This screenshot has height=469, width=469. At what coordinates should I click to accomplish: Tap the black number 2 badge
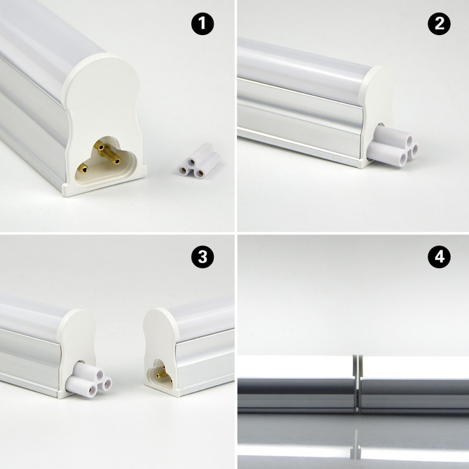coord(439,24)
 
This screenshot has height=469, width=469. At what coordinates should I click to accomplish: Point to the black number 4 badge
coord(439,257)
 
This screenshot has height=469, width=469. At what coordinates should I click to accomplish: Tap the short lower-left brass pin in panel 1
coord(84,168)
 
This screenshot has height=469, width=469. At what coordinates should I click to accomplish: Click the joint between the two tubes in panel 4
coord(357,381)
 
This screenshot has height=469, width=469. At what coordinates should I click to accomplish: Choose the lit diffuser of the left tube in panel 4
coord(293,366)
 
